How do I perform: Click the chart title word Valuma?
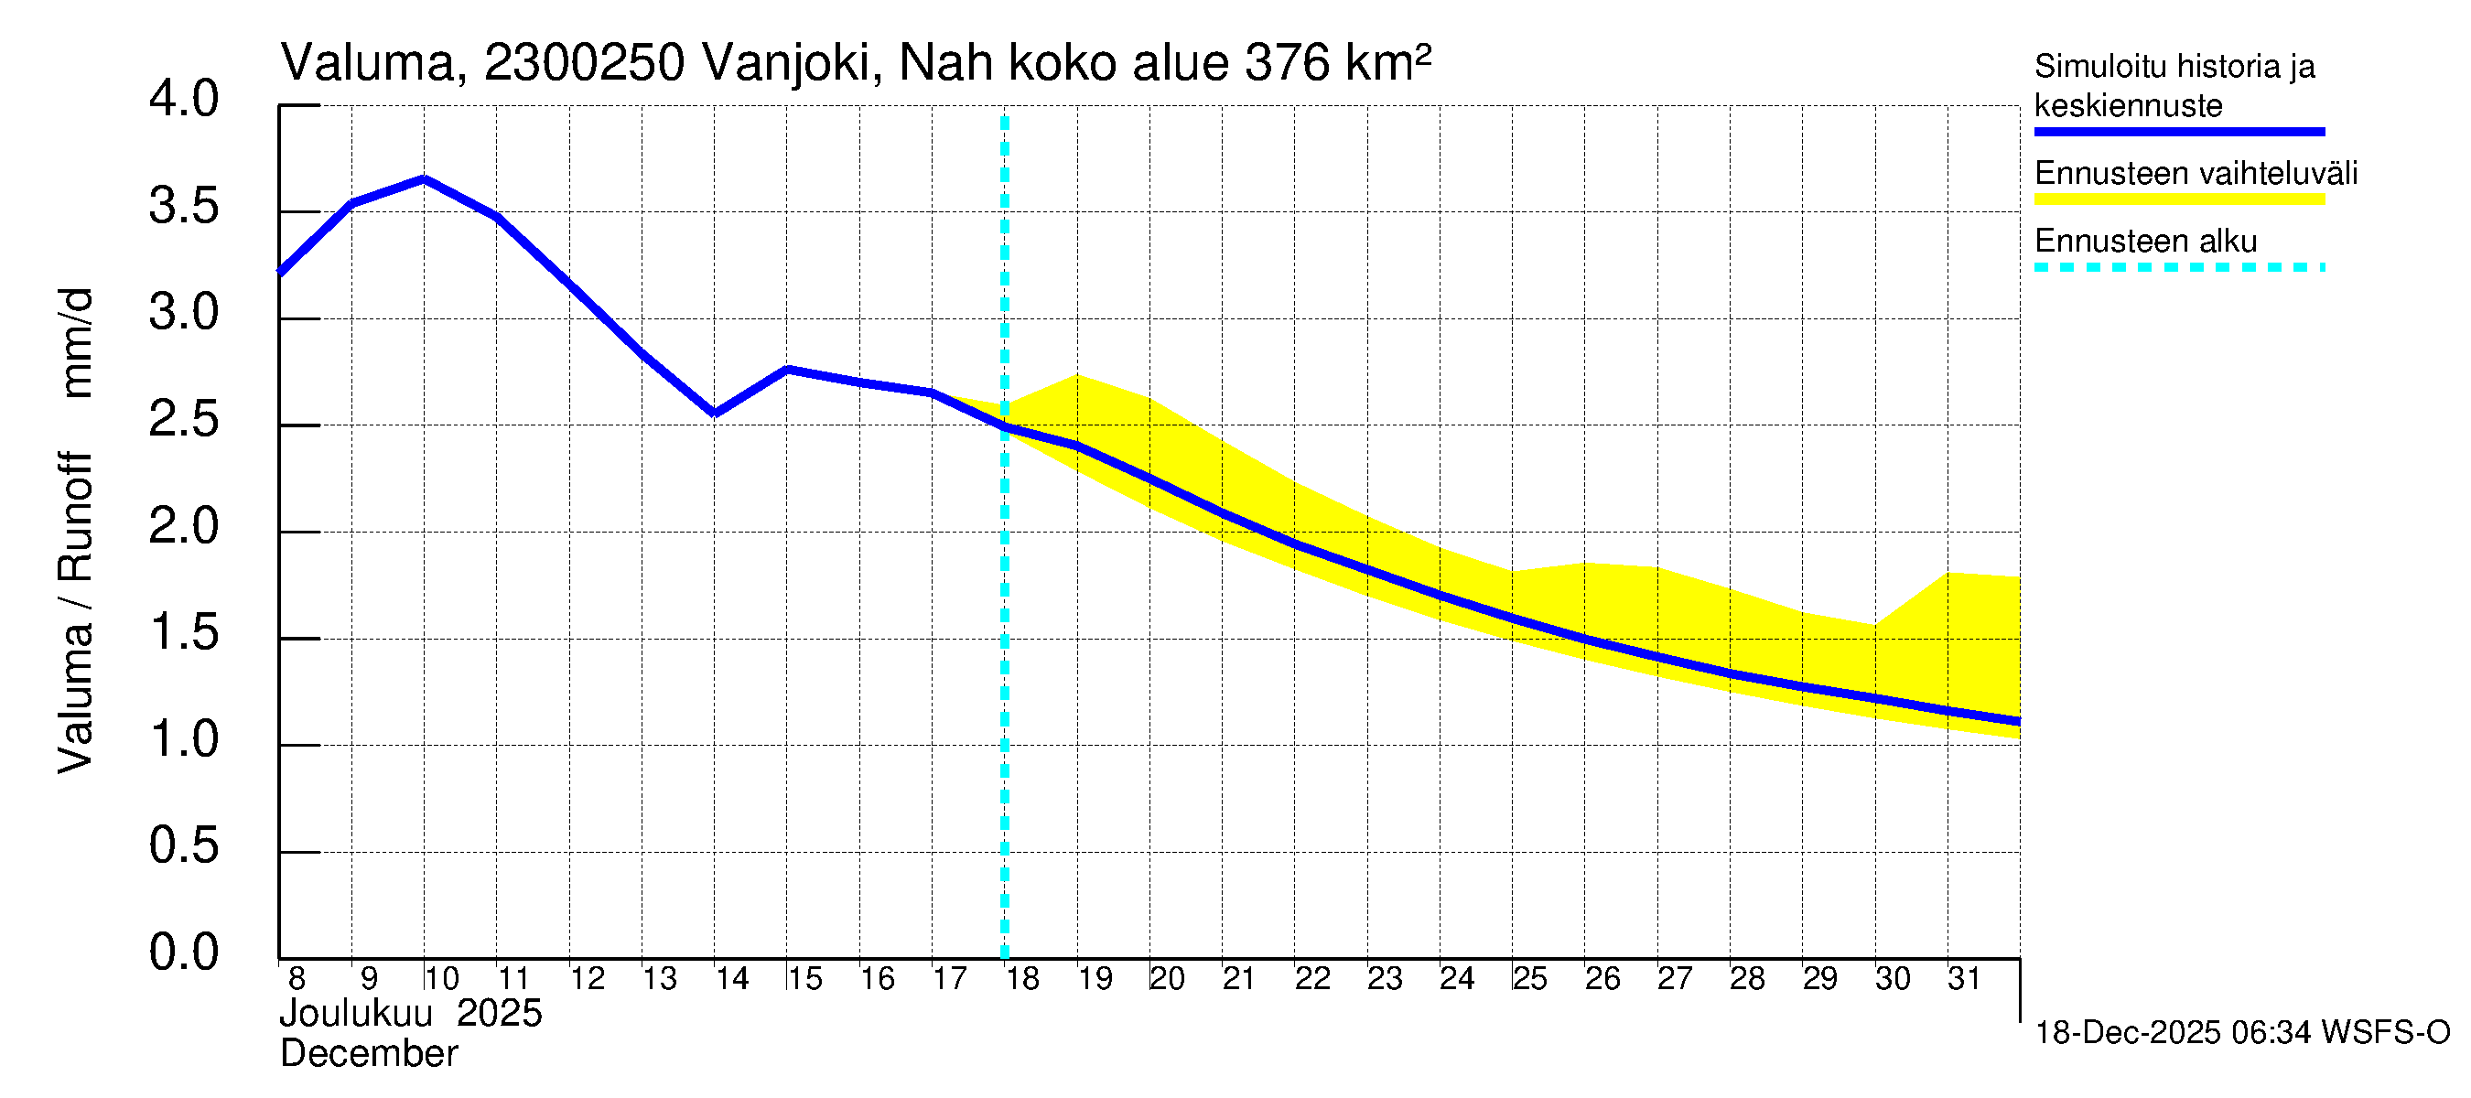pos(367,64)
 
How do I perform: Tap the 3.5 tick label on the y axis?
pos(183,207)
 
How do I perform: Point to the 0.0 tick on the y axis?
pos(183,953)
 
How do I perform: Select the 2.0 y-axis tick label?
pos(183,526)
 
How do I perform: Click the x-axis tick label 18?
pos(1022,979)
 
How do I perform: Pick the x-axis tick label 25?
pos(1530,979)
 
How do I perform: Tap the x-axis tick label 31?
pos(1965,979)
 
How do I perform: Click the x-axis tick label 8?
pos(297,979)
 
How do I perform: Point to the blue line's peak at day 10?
pos(424,178)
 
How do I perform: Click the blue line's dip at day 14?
pos(715,414)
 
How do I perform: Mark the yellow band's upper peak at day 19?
pos(1077,375)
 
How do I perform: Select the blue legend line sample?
pos(2178,132)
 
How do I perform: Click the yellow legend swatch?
pos(2178,199)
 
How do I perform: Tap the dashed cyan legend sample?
pos(2178,267)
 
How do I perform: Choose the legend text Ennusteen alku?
pos(2145,241)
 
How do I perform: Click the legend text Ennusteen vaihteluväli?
pos(2196,174)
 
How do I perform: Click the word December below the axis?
pos(368,1054)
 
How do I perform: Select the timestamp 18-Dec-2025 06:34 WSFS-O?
pos(2241,1033)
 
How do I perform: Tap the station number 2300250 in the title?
pos(584,64)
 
